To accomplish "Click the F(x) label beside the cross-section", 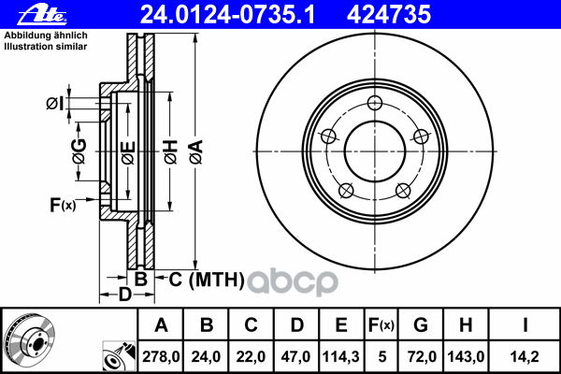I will [x=62, y=205].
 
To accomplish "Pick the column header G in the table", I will [x=421, y=325].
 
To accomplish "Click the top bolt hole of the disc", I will [x=375, y=103].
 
